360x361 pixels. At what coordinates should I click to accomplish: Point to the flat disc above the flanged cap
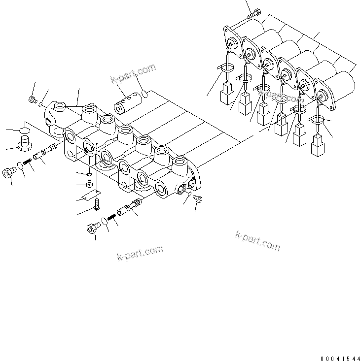click(x=24, y=131)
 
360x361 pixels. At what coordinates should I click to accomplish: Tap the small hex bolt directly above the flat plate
click(x=89, y=185)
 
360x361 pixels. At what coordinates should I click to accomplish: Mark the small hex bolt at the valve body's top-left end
click(x=33, y=100)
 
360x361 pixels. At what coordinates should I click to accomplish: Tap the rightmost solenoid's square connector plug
click(x=318, y=146)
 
